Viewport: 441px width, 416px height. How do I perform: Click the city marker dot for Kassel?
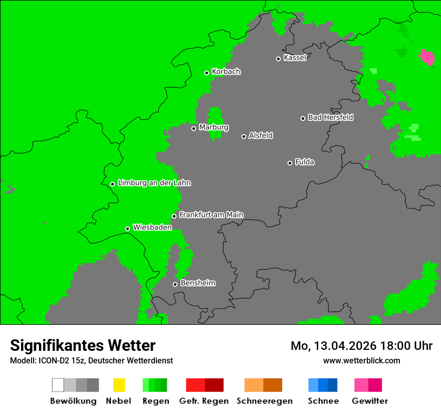click(x=279, y=59)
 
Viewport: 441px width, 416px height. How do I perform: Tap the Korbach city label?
click(x=226, y=72)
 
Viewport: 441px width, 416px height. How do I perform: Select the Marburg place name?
click(x=213, y=127)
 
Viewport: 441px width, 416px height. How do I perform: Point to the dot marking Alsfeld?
click(x=244, y=136)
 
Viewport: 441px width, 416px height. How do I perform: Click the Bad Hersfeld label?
click(x=330, y=117)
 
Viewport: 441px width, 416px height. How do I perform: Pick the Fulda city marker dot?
click(x=290, y=163)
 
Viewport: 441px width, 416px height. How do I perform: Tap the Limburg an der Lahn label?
click(x=154, y=183)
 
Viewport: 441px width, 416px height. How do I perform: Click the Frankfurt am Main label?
click(x=211, y=215)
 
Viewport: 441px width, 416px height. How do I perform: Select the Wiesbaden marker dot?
click(x=128, y=229)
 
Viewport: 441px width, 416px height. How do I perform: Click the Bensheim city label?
click(x=197, y=283)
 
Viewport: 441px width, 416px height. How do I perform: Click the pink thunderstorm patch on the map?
click(x=427, y=57)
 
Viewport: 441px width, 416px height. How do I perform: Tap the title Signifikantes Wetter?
click(x=83, y=346)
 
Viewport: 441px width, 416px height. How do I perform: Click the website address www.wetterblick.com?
click(x=361, y=361)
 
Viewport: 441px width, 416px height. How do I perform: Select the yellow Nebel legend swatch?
click(x=119, y=385)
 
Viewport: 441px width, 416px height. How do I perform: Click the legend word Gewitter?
click(x=370, y=401)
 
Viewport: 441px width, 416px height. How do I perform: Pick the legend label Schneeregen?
click(x=264, y=401)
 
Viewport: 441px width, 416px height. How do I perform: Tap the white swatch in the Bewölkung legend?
click(x=58, y=385)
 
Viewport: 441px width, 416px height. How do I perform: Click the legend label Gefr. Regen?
click(x=204, y=401)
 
